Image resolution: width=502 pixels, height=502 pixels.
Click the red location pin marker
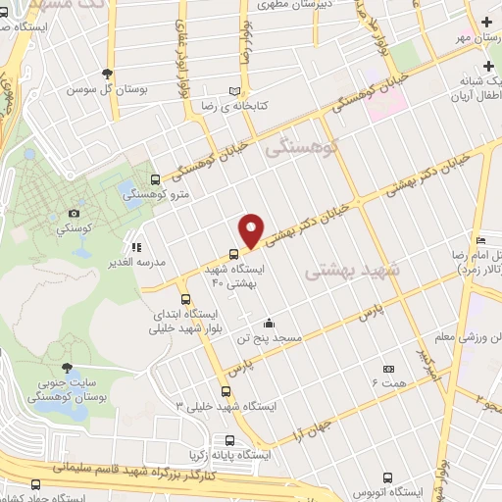(x=252, y=230)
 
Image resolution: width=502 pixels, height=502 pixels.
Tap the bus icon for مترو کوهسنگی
(x=156, y=179)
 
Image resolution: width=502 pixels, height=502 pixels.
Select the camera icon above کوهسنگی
(x=74, y=213)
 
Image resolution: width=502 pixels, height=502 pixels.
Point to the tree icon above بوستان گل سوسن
(x=107, y=74)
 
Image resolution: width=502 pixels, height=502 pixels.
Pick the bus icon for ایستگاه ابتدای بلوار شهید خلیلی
(x=184, y=297)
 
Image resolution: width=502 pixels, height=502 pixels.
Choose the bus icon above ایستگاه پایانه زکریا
(x=228, y=440)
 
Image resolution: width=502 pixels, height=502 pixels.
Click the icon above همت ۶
(x=389, y=370)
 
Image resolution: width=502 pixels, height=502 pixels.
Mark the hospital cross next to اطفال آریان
(x=489, y=65)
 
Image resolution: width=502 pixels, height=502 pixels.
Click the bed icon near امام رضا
(x=480, y=241)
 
